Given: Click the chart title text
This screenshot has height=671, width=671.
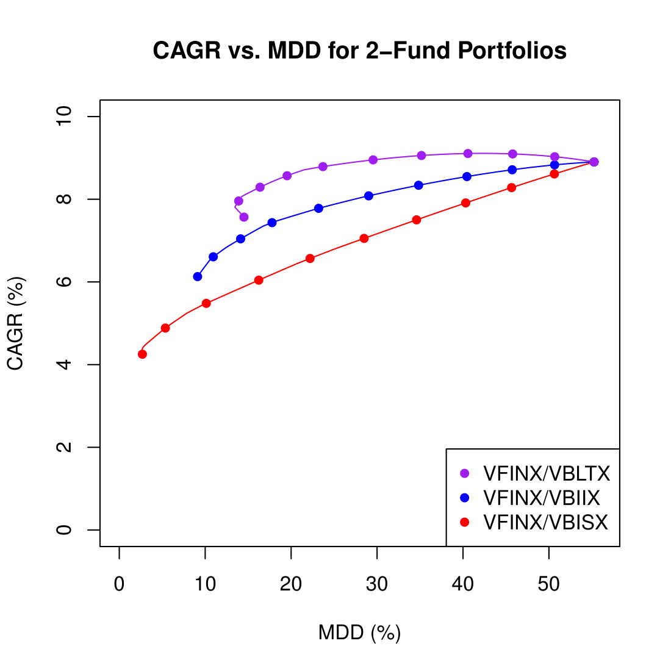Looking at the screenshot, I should [359, 51].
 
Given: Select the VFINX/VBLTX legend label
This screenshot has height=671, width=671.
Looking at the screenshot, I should [546, 474].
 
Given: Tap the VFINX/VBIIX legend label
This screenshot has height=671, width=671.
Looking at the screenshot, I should [541, 498].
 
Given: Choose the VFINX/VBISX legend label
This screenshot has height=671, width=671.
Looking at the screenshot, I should [545, 523].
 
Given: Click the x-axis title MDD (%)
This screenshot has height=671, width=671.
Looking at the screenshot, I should [359, 633].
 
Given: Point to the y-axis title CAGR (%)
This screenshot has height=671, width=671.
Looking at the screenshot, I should [15, 323].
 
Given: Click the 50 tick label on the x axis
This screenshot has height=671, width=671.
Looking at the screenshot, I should [549, 584].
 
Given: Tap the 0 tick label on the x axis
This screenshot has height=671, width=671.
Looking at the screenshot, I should [120, 584].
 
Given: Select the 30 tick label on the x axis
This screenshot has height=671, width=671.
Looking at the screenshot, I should [377, 584].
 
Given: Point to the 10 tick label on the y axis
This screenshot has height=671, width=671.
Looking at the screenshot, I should [63, 117].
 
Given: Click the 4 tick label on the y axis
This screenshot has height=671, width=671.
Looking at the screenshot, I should [63, 365].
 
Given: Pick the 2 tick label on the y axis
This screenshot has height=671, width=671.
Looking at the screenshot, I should [63, 447].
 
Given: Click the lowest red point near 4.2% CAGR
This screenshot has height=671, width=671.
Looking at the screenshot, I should [142, 354].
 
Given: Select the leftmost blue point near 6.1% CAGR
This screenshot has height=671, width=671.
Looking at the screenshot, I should [198, 276].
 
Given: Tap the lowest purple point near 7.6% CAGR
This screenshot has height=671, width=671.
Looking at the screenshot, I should [244, 217].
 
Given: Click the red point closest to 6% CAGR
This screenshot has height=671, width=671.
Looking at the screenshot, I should [259, 280].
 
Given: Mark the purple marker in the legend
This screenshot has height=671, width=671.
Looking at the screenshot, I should [465, 473].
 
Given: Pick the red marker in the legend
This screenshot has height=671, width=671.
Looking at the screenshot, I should [465, 522].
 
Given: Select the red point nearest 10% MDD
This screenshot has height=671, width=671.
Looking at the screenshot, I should [206, 303].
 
